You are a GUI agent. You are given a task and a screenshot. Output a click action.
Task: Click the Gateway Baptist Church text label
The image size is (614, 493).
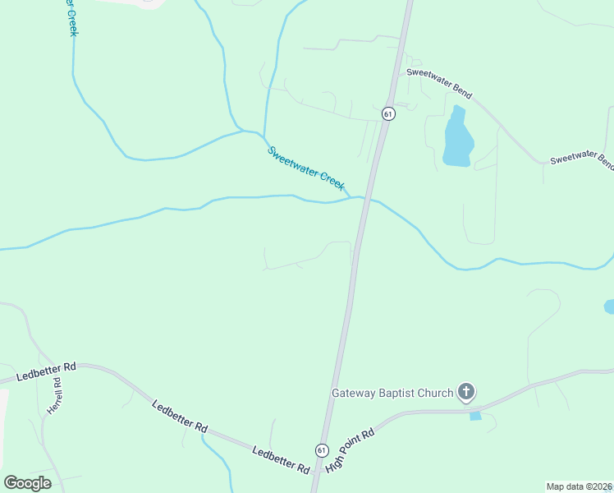(392, 393)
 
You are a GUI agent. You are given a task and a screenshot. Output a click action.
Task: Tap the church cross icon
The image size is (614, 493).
(466, 392)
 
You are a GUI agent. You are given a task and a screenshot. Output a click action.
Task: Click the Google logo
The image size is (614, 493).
(27, 483)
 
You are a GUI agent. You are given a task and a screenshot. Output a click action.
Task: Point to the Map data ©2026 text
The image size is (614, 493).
(580, 486)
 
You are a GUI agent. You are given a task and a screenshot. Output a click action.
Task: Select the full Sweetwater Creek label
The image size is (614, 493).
(306, 168)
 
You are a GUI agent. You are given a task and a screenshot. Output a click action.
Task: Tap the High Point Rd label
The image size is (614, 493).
(350, 449)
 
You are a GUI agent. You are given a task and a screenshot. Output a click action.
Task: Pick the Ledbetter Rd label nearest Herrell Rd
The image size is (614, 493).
(47, 371)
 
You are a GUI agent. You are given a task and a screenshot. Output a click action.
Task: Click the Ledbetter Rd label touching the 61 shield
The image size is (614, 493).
(281, 460)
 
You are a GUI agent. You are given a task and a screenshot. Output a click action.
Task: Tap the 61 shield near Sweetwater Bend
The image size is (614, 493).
(389, 113)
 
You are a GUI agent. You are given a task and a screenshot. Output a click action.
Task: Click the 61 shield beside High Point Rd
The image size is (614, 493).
(322, 450)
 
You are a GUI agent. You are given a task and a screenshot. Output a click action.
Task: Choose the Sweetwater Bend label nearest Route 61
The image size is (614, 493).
(439, 84)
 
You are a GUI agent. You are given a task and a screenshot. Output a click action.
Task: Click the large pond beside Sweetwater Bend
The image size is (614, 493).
(456, 139)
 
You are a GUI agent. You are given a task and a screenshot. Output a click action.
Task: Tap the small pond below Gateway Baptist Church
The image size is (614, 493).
(475, 416)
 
